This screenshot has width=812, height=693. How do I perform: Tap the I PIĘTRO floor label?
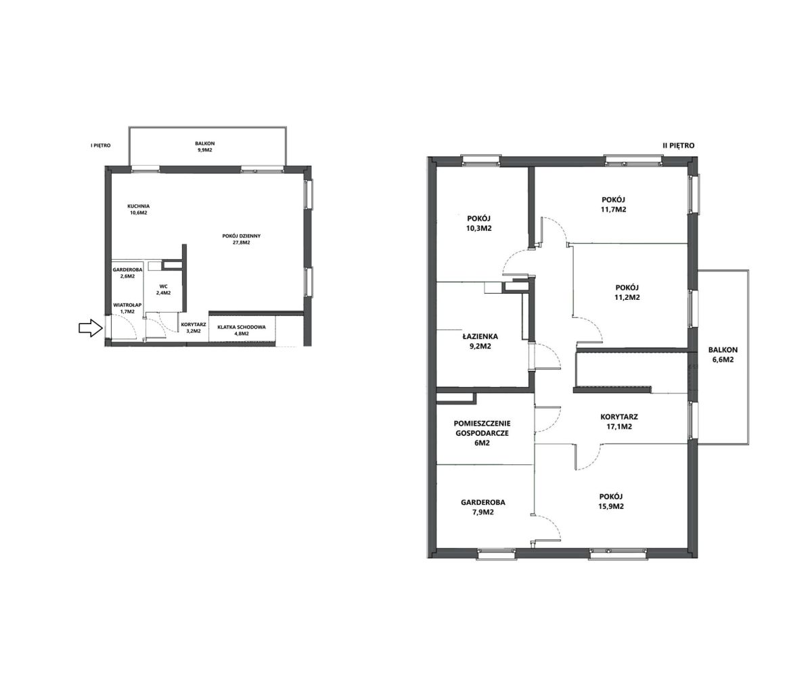coord(101,146)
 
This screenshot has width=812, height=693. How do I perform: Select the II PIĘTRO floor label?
coord(679,146)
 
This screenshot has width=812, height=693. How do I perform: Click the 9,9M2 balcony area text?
coord(205,150)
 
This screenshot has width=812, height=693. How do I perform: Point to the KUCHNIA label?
coord(138,206)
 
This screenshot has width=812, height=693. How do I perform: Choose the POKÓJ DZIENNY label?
coord(241,236)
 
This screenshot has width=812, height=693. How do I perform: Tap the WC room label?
coord(164,286)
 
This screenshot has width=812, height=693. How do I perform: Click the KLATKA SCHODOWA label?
coord(241,327)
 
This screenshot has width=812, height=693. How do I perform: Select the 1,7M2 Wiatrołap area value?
coord(127,311)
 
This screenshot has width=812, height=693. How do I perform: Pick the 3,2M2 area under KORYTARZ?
coord(194,331)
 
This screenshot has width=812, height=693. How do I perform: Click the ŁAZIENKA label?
coord(480,336)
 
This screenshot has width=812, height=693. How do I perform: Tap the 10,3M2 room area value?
coord(479,228)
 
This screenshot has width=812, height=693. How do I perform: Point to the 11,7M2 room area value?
coord(613,209)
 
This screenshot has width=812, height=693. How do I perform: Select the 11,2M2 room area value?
coord(627,297)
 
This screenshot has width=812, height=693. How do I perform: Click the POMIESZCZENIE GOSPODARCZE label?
coord(482,428)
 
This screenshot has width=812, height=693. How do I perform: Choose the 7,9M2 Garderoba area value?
coord(483,512)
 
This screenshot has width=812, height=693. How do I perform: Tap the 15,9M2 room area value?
coord(611,506)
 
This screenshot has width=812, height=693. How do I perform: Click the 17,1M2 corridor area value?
coord(619,426)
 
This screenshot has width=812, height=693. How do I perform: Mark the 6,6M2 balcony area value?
coord(723,359)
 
